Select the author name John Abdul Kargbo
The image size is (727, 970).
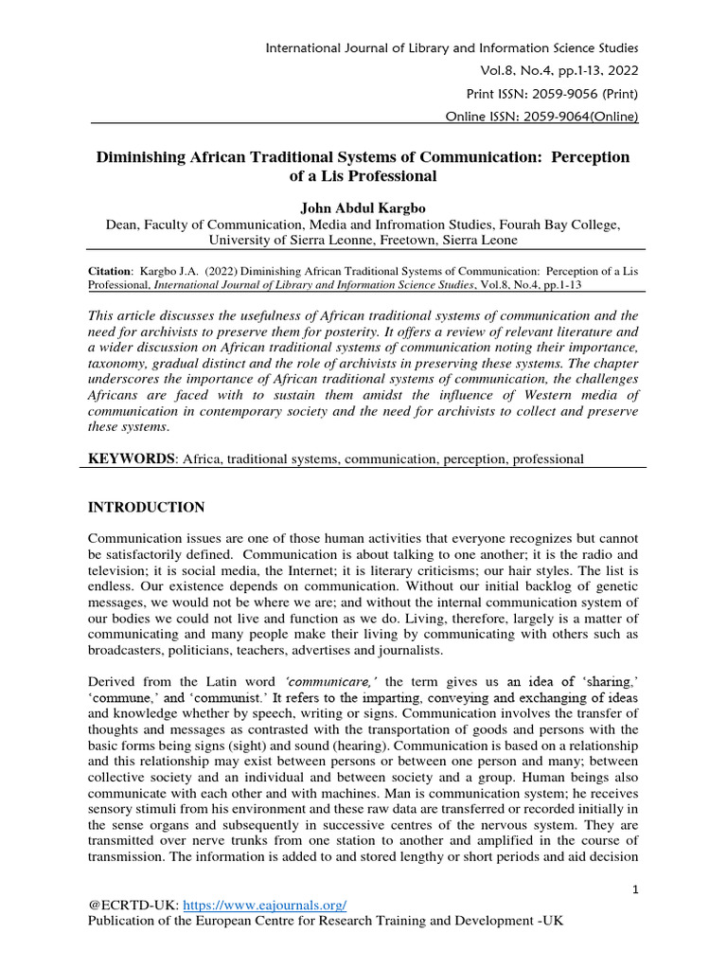pos(363,207)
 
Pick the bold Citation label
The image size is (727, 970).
pos(109,270)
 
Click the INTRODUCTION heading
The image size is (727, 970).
pos(146,508)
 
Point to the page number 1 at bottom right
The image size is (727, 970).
pos(636,889)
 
